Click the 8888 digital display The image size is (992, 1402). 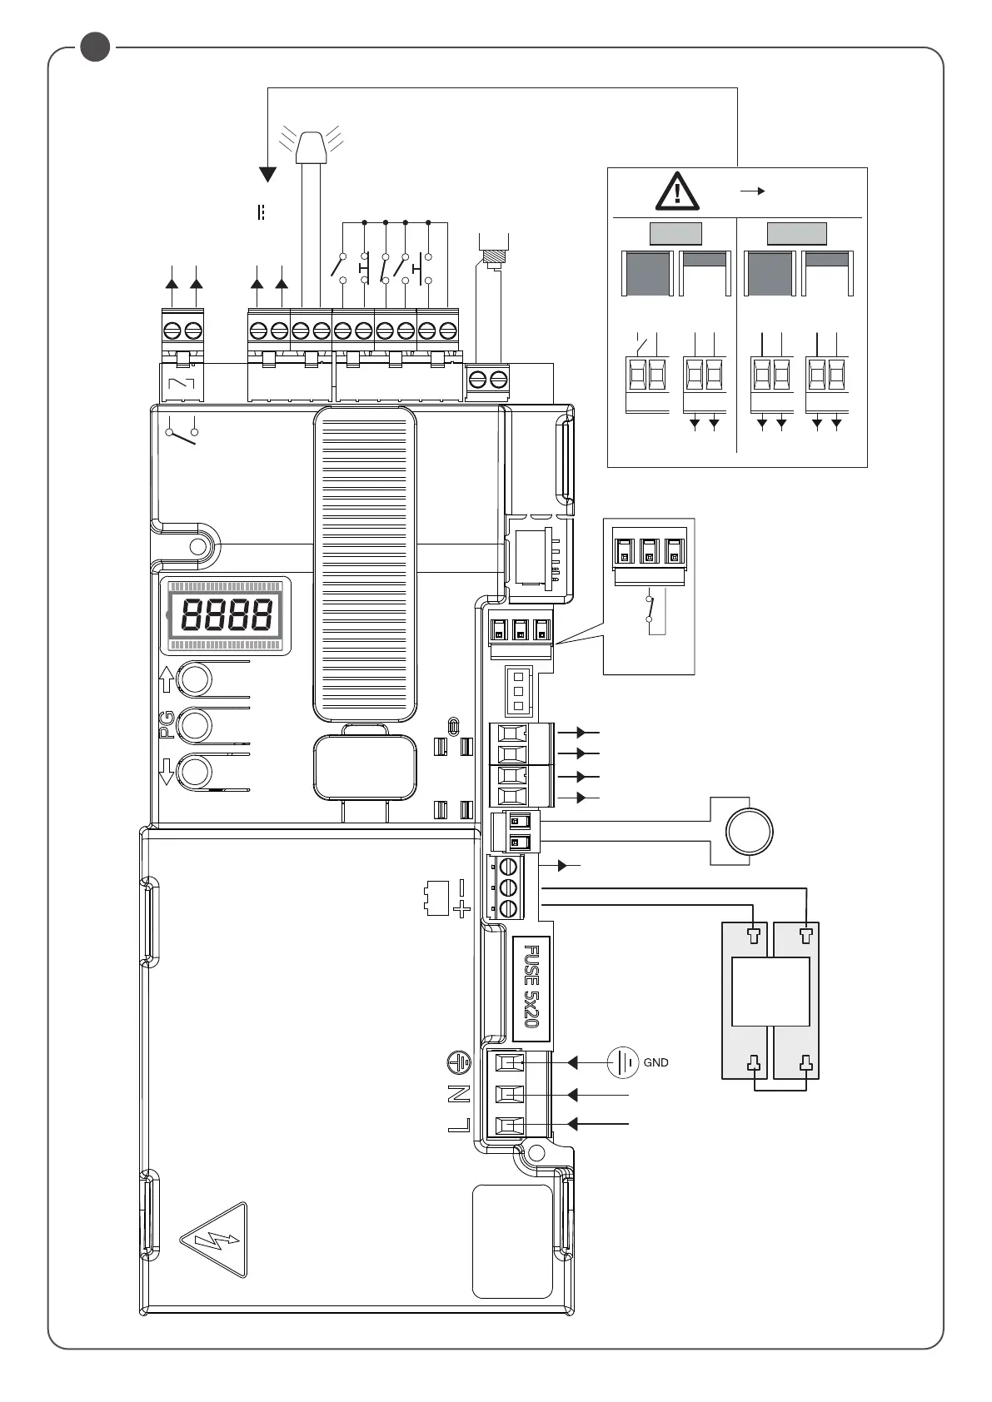pyautogui.click(x=227, y=615)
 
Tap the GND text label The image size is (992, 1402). pyautogui.click(x=656, y=1063)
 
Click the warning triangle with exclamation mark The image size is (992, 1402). pyautogui.click(x=678, y=191)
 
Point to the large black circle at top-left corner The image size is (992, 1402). pyautogui.click(x=96, y=47)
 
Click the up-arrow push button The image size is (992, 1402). pyautogui.click(x=196, y=679)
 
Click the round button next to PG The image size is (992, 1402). pyautogui.click(x=196, y=725)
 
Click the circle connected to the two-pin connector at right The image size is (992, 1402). pyautogui.click(x=750, y=831)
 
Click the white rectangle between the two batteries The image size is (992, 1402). pyautogui.click(x=770, y=992)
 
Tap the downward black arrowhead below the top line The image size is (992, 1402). pyautogui.click(x=267, y=174)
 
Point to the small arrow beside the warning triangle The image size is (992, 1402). pyautogui.click(x=753, y=191)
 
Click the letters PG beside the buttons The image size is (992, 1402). pyautogui.click(x=167, y=724)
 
